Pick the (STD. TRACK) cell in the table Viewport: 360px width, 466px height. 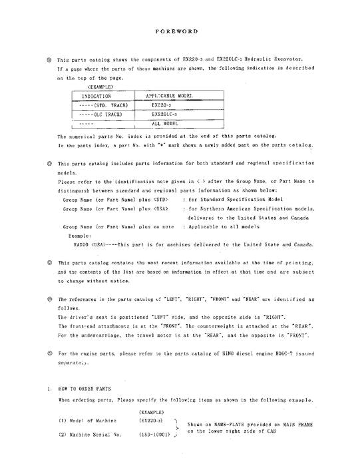click(99, 105)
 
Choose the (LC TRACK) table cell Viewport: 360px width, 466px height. click(98, 114)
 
